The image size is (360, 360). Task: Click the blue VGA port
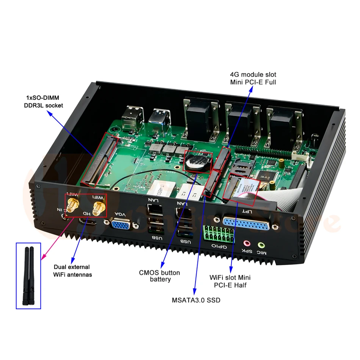(x=121, y=225)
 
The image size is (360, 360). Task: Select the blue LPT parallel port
(x=247, y=224)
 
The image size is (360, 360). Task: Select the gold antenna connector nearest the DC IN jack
(x=73, y=205)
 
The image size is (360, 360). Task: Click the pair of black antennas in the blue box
(x=28, y=276)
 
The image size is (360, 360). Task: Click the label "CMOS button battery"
(x=160, y=276)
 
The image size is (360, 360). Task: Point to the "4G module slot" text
(x=253, y=74)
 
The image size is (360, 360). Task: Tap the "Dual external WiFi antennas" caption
(x=73, y=271)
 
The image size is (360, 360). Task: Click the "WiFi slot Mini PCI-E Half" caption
(x=230, y=281)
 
